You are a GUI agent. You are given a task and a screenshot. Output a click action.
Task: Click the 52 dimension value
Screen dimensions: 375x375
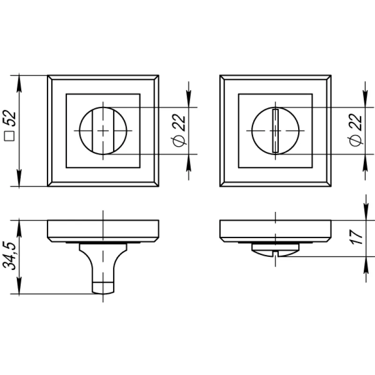pyautogui.click(x=9, y=118)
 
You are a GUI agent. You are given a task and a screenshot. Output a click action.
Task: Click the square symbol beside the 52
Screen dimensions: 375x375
pyautogui.click(x=9, y=136)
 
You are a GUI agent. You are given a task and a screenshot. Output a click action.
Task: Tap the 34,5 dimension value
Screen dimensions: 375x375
pyautogui.click(x=9, y=255)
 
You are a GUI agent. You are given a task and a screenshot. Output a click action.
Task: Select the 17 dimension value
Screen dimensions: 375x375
pyautogui.click(x=356, y=237)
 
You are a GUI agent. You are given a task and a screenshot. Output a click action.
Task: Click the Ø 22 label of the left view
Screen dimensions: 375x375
pyautogui.click(x=179, y=131)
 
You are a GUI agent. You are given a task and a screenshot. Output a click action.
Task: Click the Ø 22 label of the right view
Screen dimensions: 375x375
pyautogui.click(x=355, y=130)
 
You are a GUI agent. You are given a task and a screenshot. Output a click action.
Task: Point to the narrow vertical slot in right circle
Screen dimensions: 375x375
pyautogui.click(x=276, y=131)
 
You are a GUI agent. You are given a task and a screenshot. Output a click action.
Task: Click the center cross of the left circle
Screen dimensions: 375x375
pyautogui.click(x=103, y=131)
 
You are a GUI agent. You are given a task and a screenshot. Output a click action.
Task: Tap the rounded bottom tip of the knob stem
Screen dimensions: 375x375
pyautogui.click(x=103, y=292)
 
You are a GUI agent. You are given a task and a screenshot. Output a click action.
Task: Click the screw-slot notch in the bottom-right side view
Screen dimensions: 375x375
pyautogui.click(x=276, y=254)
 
